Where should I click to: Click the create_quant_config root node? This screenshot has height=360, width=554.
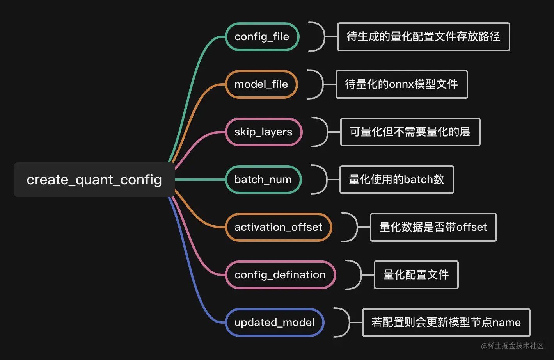click(94, 180)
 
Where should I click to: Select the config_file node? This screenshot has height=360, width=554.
click(262, 37)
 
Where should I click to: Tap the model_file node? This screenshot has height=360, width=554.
click(261, 84)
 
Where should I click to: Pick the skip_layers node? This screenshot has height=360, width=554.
click(263, 132)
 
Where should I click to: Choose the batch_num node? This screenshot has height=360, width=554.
click(263, 180)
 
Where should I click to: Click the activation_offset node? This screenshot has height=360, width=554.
click(278, 227)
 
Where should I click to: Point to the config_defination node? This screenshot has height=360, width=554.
click(280, 275)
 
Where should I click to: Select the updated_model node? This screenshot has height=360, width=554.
click(274, 323)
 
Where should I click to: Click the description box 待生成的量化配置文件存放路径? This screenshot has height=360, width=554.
click(423, 37)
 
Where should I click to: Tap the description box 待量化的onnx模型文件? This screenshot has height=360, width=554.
click(401, 84)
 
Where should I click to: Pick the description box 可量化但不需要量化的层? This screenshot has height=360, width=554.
click(410, 132)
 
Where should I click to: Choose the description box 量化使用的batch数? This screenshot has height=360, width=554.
click(396, 180)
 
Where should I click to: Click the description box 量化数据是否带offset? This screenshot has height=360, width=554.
click(433, 227)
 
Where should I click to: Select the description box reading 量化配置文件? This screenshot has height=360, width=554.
click(416, 275)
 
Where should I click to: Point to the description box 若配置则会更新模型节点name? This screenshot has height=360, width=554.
click(446, 323)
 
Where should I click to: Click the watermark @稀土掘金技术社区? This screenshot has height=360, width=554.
click(512, 346)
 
